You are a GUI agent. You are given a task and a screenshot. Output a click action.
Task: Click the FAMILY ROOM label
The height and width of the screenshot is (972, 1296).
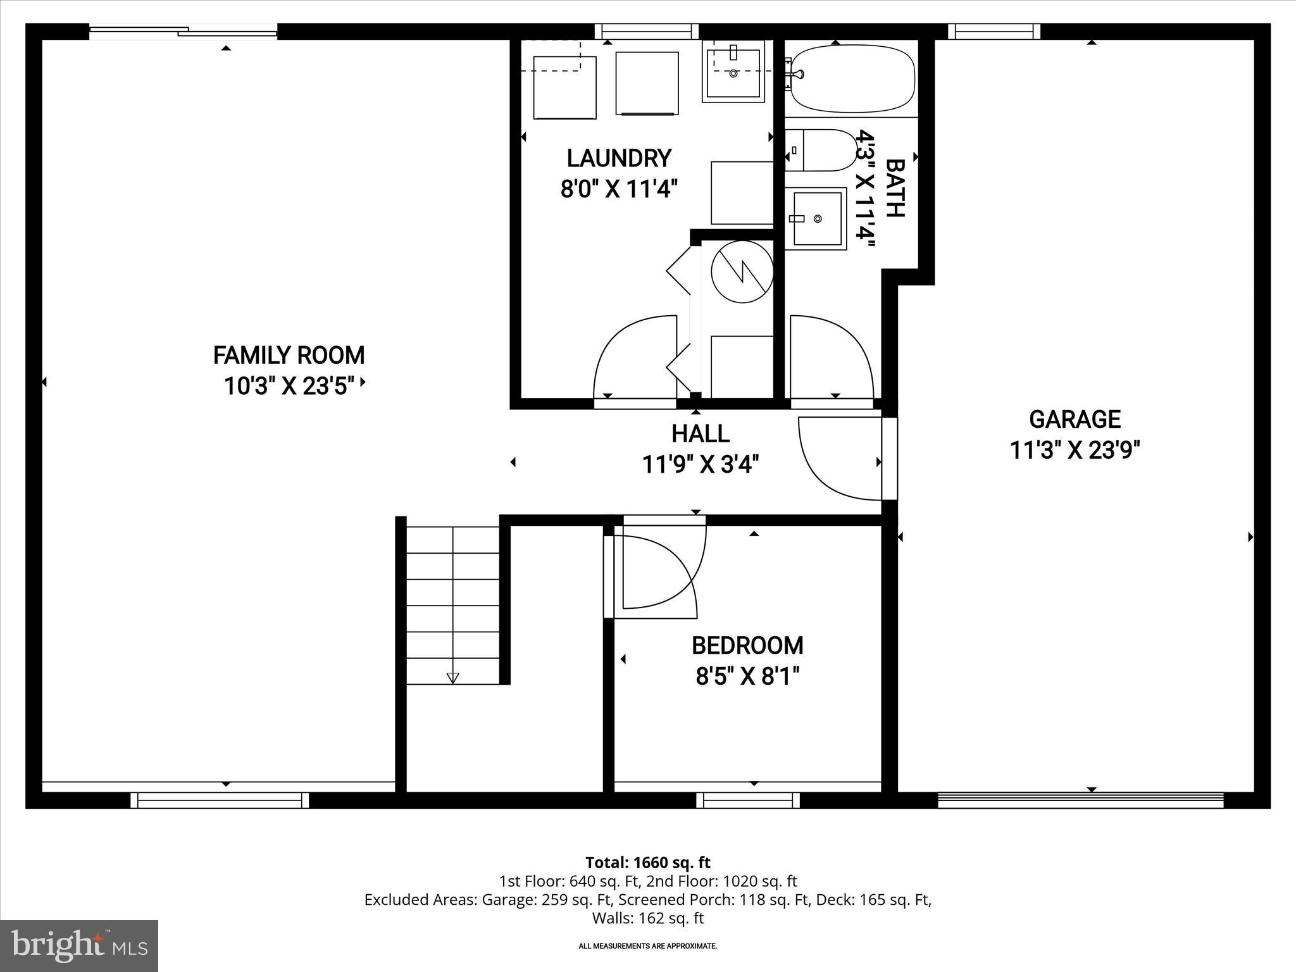289,356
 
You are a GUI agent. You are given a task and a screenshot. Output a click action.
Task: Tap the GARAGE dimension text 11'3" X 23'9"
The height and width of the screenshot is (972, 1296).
1075,451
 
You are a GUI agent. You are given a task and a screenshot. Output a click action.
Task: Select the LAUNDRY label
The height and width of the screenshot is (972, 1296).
618,158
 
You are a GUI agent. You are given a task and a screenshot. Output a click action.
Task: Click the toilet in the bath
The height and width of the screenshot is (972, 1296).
820,151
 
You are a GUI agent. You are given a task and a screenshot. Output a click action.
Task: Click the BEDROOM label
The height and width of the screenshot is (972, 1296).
747,645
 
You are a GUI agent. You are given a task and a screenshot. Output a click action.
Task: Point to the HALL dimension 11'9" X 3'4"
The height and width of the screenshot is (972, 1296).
700,465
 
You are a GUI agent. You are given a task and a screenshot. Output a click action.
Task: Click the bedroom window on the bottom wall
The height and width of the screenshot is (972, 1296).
748,801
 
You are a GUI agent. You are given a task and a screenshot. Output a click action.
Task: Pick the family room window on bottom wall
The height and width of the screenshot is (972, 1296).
220,801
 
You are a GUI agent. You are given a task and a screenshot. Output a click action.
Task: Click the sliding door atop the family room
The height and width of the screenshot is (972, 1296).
183,31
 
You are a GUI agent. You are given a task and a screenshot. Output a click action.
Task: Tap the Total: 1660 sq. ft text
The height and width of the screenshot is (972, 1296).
647,863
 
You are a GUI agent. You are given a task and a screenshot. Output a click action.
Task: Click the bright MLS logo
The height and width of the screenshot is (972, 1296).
79,946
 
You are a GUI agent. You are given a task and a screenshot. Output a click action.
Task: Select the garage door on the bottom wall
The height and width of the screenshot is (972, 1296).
1080,801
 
